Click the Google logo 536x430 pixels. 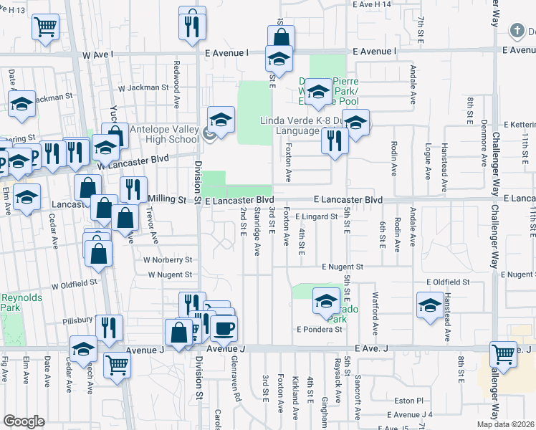(24, 421)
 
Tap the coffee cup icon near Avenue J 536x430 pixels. (224, 329)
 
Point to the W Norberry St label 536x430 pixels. (168, 260)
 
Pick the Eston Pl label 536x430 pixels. (409, 401)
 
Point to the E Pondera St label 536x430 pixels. (320, 330)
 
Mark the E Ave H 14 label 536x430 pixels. (372, 4)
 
